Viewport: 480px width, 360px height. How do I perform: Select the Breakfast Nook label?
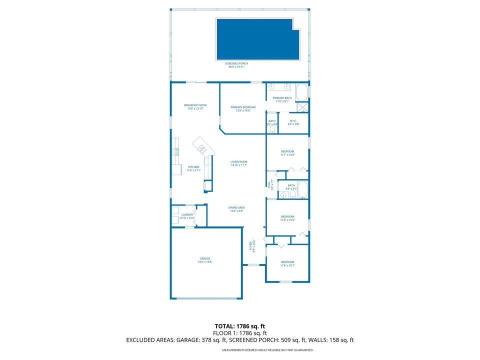pyautogui.click(x=195, y=106)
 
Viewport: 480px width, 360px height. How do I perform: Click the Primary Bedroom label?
pyautogui.click(x=243, y=108)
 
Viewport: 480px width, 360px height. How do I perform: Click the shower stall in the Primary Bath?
pyautogui.click(x=302, y=107)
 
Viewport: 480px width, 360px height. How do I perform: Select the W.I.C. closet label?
pyautogui.click(x=293, y=122)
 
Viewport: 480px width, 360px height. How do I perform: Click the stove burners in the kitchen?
pyautogui.click(x=176, y=151)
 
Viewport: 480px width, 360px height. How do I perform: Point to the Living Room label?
pyautogui.click(x=239, y=163)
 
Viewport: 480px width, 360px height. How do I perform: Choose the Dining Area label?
pyautogui.click(x=237, y=209)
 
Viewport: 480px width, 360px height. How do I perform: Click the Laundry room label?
pyautogui.click(x=187, y=216)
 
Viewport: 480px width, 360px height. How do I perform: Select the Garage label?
pyautogui.click(x=205, y=260)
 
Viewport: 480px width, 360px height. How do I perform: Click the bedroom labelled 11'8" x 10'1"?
pyautogui.click(x=287, y=263)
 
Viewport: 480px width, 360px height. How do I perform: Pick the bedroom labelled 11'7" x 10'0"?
pyautogui.click(x=287, y=153)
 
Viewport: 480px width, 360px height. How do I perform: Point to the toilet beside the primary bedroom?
pyautogui.click(x=272, y=129)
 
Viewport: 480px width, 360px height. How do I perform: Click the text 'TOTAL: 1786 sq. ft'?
pyautogui.click(x=239, y=325)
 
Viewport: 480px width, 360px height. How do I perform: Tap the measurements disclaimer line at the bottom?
pyautogui.click(x=267, y=350)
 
